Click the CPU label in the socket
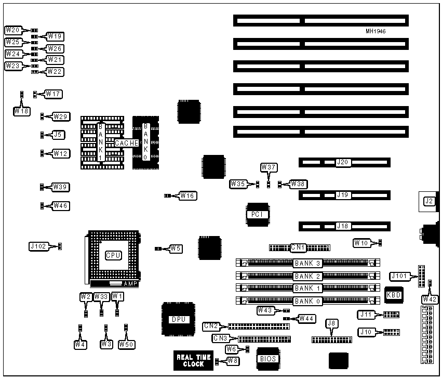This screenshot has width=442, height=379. (113, 255)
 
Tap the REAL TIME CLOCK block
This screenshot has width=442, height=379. (194, 360)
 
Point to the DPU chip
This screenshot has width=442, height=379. (178, 319)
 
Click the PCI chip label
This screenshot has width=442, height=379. (257, 214)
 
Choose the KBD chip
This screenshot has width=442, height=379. (393, 295)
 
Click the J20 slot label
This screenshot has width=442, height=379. (343, 163)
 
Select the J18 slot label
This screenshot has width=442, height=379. (343, 226)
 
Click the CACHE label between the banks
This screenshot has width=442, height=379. (127, 143)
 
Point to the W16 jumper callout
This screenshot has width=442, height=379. (187, 196)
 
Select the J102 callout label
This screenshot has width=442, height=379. (39, 246)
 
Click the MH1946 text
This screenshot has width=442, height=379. (376, 31)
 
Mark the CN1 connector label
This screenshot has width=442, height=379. (298, 247)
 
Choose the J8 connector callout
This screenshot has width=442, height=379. (331, 324)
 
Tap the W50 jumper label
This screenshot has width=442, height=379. (126, 344)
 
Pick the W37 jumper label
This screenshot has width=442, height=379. (269, 167)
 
